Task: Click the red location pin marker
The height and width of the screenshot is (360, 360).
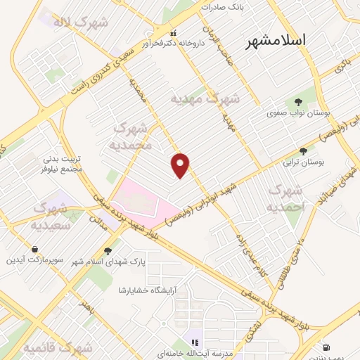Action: [181, 165]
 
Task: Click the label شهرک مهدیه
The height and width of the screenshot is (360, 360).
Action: [206, 99]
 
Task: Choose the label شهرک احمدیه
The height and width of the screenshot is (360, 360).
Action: [288, 198]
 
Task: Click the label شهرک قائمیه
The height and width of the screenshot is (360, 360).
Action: [58, 348]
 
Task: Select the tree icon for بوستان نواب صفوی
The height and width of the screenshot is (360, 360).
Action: [297, 101]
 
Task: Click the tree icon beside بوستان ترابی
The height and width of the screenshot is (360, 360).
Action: [303, 150]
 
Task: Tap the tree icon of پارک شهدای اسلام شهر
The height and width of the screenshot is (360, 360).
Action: [108, 250]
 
